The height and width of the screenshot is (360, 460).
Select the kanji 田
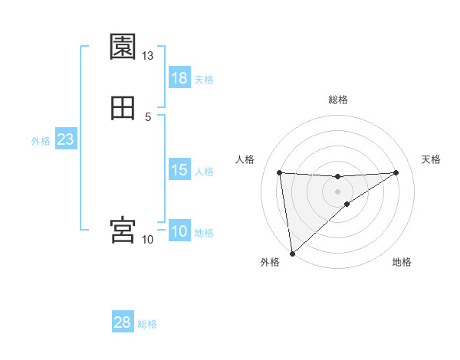123,108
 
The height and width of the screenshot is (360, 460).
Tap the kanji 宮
123,230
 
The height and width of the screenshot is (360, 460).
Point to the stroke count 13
147,56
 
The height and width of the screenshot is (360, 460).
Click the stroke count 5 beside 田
148,116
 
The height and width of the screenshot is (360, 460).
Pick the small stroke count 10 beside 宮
147,240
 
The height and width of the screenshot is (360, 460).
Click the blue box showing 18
179,78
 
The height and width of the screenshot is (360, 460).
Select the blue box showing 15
179,170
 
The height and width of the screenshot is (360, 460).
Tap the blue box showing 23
65,139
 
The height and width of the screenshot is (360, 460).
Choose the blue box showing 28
123,322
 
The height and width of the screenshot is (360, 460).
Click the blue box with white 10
179,231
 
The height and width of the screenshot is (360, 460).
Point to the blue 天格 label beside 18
204,79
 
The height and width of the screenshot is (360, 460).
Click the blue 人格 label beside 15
204,171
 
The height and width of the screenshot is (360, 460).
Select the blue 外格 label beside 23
41,140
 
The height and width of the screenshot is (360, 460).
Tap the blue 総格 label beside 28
147,323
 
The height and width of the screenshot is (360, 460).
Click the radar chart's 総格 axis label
338,100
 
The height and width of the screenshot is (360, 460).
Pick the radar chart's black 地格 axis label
402,262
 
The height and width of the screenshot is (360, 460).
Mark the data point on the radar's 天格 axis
396,172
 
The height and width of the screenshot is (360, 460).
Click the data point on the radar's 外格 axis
292,253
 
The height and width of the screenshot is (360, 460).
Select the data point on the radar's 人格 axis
280,172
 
